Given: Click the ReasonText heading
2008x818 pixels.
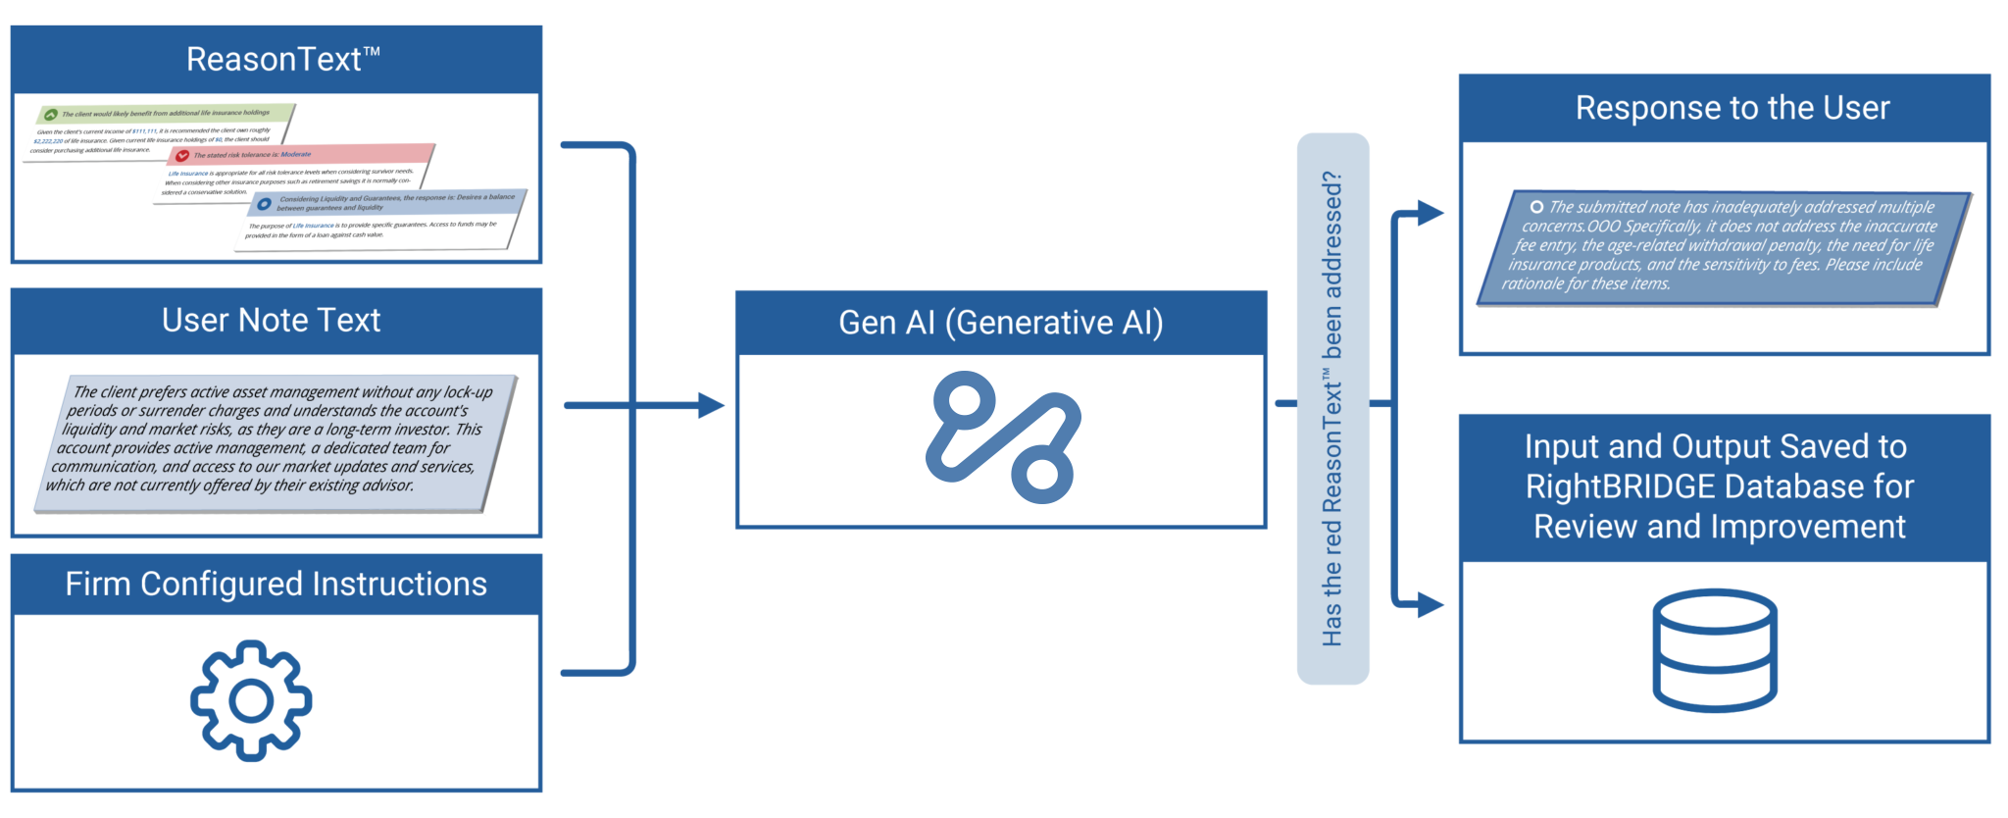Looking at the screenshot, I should point(282,60).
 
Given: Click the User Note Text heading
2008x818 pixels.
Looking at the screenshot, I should point(272,321).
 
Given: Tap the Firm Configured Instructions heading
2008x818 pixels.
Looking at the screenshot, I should point(276,585).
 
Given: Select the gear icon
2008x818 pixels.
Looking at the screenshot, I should point(251,700).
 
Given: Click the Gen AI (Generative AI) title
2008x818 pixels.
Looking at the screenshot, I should point(1000,323).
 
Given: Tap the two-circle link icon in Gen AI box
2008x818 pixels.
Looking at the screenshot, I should point(1002,437).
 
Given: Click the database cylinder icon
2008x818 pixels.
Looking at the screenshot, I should point(1714,649).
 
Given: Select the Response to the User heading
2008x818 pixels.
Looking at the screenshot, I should point(1732,108).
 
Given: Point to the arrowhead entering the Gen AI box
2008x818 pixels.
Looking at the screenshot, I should point(711,405).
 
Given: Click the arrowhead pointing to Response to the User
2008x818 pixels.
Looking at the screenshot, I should point(1431,213).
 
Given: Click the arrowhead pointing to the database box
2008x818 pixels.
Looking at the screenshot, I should point(1431,605).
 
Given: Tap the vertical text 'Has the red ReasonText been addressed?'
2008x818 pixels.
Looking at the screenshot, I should point(1331,409).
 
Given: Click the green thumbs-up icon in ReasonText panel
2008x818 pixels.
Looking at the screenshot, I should point(51,115).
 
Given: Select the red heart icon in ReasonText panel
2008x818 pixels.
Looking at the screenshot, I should point(182,156).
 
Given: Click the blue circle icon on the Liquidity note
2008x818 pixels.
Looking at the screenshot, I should point(265,204).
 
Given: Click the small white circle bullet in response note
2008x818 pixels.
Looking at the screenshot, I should point(1536,207).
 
